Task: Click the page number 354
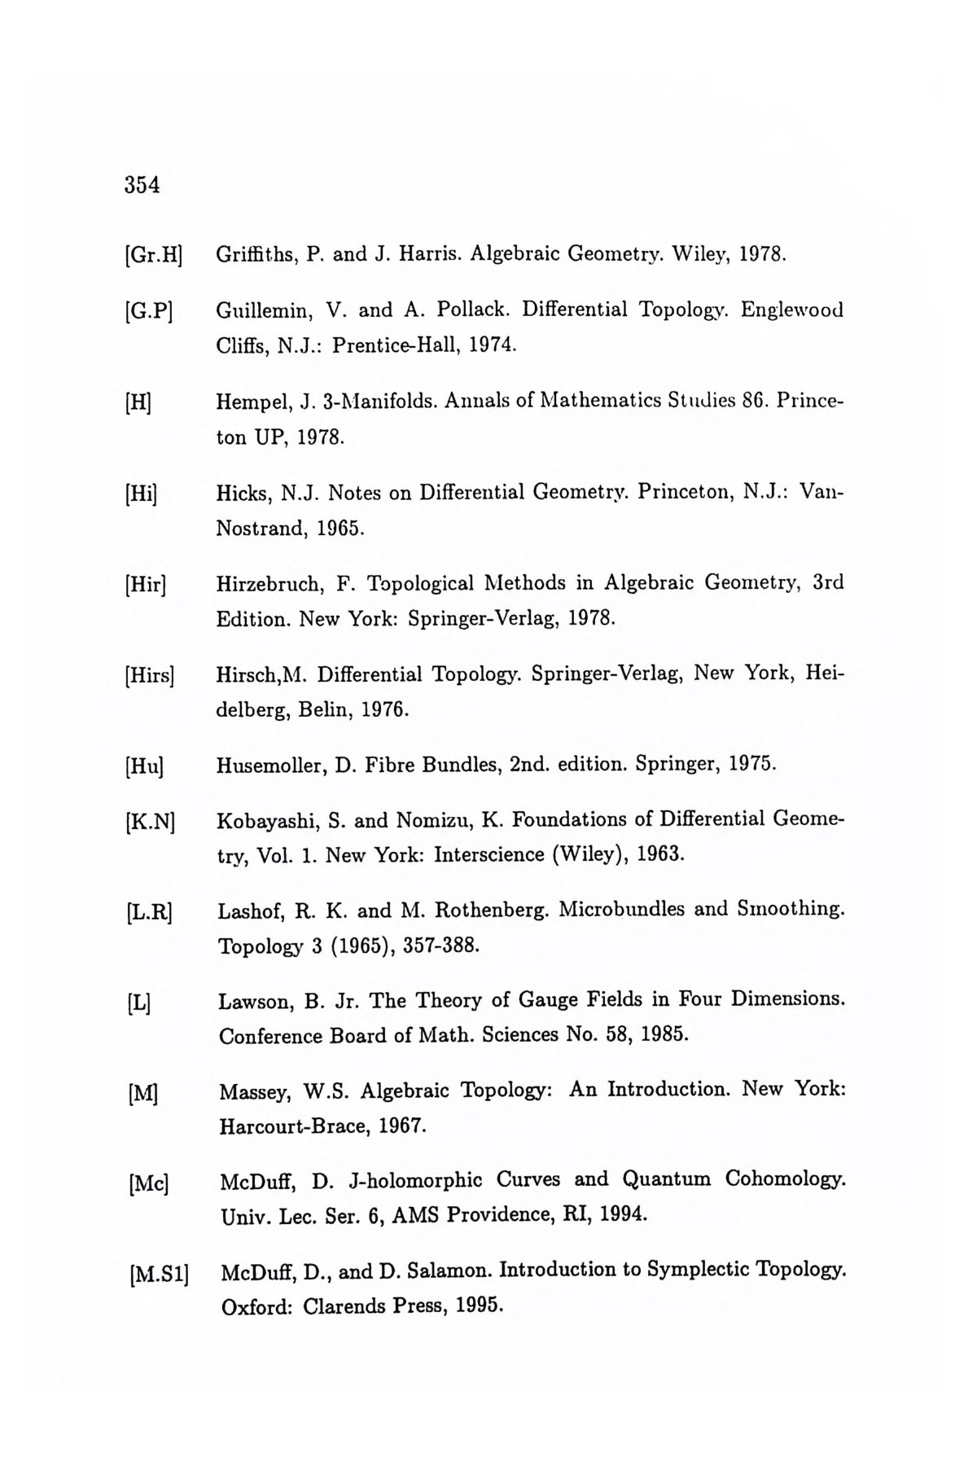coord(142,185)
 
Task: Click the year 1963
coord(660,855)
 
